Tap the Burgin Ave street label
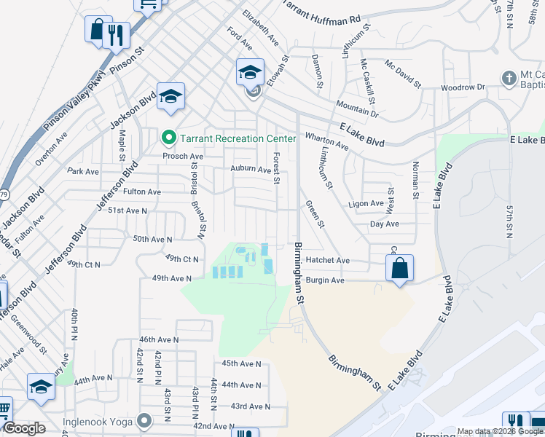324,280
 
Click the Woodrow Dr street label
462,87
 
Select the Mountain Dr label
357,109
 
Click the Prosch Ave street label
182,157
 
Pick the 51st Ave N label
128,210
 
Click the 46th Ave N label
159,339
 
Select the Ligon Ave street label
366,204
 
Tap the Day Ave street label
385,224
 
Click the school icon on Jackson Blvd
170,97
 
